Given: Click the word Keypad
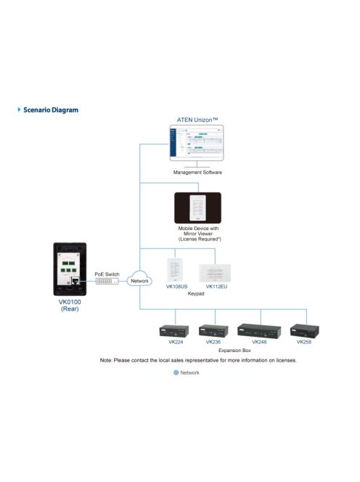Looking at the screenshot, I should [x=195, y=295].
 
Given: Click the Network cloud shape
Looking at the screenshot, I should [x=139, y=280].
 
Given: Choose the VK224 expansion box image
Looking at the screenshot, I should [x=175, y=330].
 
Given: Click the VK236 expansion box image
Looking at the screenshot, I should [x=213, y=330].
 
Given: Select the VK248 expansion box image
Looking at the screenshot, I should [x=259, y=330].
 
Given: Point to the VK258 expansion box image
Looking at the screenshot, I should [x=304, y=330].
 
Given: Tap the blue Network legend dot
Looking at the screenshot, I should [x=175, y=372].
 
